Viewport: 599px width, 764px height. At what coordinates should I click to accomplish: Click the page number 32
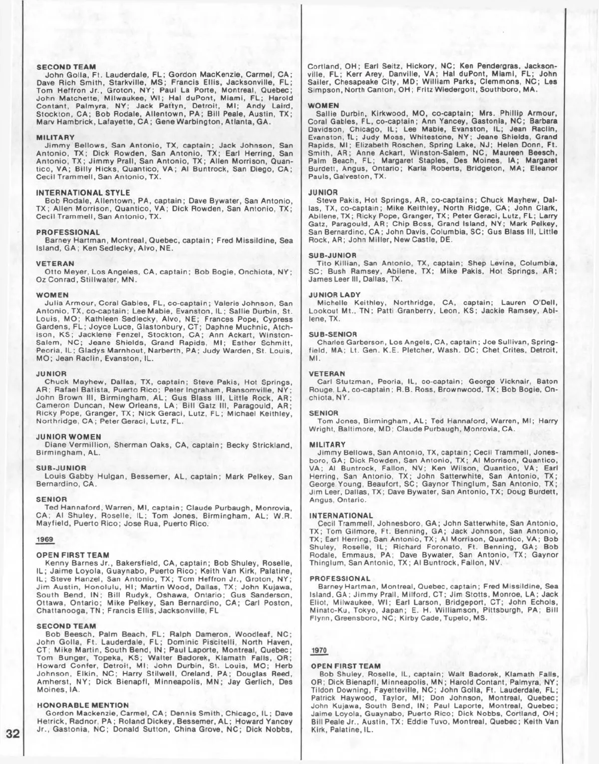pyautogui.click(x=12, y=734)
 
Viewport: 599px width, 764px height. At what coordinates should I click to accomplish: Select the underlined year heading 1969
pyautogui.click(x=44, y=539)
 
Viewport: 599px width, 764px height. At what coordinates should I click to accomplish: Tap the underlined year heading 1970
pyautogui.click(x=317, y=650)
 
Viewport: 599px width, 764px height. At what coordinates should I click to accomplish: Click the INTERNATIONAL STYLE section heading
pyautogui.click(x=83, y=192)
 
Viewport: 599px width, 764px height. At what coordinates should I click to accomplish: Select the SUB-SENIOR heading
pyautogui.click(x=333, y=334)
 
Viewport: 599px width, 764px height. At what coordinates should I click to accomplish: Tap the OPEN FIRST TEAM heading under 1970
pyautogui.click(x=345, y=666)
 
